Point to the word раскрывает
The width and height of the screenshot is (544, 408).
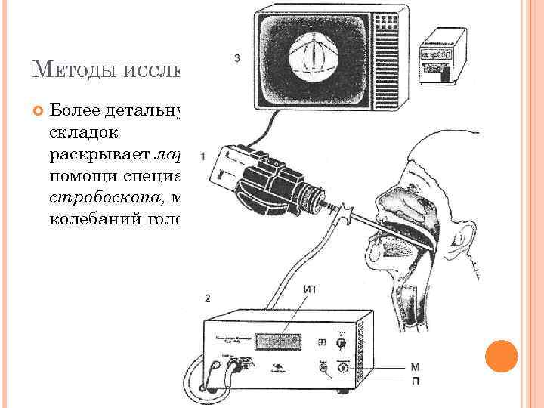[100, 158]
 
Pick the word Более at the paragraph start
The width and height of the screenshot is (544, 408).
[80, 112]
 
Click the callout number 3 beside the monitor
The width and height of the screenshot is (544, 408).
[238, 58]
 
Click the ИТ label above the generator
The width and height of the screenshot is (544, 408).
[310, 288]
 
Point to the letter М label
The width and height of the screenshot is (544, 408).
[415, 368]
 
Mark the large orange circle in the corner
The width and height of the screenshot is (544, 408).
[501, 355]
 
